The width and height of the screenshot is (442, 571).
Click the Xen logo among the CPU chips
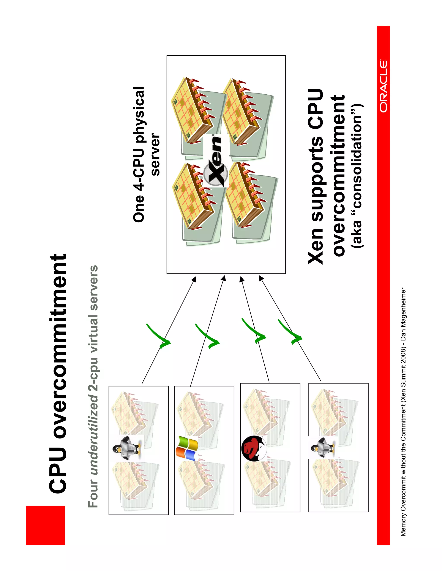[x=216, y=161]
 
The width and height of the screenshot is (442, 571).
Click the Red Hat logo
[x=253, y=448]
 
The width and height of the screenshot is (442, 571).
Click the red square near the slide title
[x=45, y=525]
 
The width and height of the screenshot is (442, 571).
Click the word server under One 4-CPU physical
[x=155, y=154]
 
